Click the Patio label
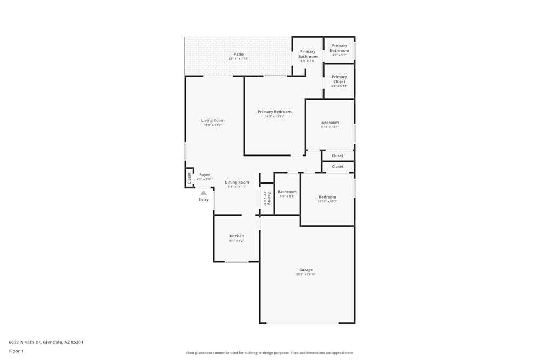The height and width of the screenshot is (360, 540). (x=239, y=54)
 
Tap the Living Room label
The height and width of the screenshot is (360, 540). (x=213, y=120)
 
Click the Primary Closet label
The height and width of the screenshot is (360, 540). (x=339, y=79)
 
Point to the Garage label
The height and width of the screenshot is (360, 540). (x=306, y=270)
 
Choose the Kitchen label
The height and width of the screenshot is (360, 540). (x=237, y=236)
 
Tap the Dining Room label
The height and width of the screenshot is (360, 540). (x=237, y=182)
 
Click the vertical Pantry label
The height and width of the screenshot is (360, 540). (x=268, y=198)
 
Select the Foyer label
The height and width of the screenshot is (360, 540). (x=205, y=175)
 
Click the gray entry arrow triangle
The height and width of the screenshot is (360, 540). (x=204, y=192)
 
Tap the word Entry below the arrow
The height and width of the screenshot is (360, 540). (x=204, y=200)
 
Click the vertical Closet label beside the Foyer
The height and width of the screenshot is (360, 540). (x=190, y=178)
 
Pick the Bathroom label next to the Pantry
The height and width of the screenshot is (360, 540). (x=287, y=192)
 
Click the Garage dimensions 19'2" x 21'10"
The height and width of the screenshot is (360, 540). (x=306, y=274)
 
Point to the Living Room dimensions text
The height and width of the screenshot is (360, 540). (x=213, y=125)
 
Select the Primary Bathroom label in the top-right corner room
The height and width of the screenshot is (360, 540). (x=340, y=48)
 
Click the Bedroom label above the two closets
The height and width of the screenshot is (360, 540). (x=330, y=123)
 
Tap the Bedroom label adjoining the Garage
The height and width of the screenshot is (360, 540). (x=327, y=197)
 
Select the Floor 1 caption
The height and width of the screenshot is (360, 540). (x=16, y=351)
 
